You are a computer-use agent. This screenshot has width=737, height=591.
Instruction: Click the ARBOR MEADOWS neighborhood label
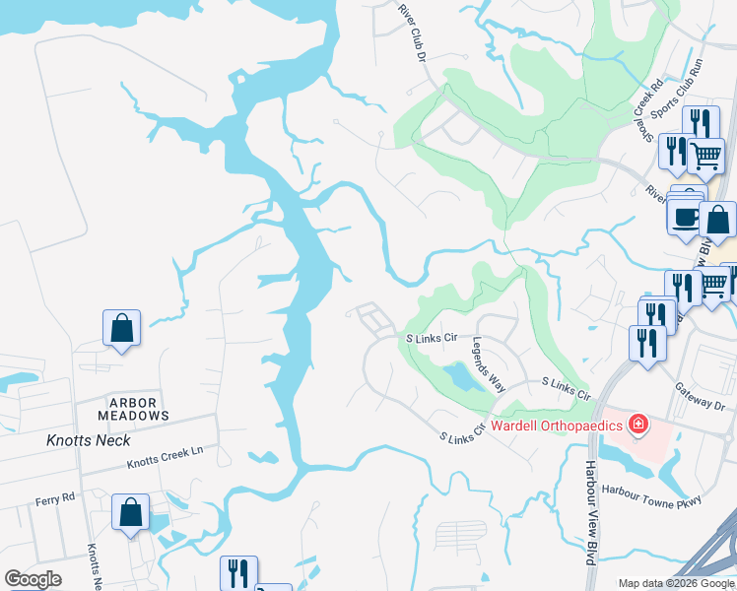[x=139, y=409]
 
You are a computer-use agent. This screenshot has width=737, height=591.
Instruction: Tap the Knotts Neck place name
[x=82, y=440]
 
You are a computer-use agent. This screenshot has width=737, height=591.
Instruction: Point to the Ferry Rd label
[x=55, y=497]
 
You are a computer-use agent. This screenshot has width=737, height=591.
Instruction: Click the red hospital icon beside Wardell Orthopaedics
[x=638, y=425]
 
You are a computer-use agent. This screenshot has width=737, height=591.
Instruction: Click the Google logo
[x=33, y=579]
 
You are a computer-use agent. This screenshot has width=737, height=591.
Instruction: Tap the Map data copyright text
[x=675, y=583]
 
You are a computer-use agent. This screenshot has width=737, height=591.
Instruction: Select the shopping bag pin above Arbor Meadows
[x=121, y=328]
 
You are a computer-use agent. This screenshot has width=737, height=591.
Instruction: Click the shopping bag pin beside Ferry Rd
[x=130, y=512]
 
